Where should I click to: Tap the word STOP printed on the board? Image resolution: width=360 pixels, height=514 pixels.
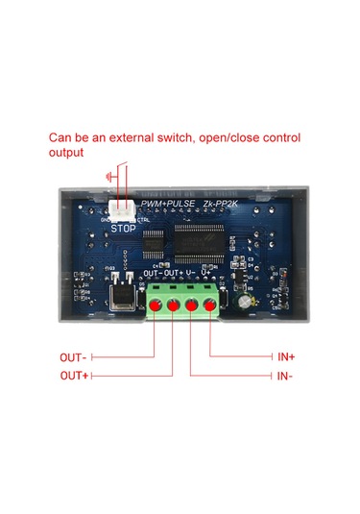click(124, 229)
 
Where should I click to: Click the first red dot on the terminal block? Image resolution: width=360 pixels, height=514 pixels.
click(156, 306)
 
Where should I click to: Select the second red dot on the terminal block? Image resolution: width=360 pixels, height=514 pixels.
click(174, 306)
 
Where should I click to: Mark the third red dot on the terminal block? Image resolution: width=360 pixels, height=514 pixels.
click(193, 306)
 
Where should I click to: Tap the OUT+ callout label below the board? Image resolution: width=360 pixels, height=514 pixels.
click(74, 376)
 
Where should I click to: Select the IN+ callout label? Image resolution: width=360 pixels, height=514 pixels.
click(286, 357)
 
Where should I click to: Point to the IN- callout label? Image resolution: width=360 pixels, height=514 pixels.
click(285, 376)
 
